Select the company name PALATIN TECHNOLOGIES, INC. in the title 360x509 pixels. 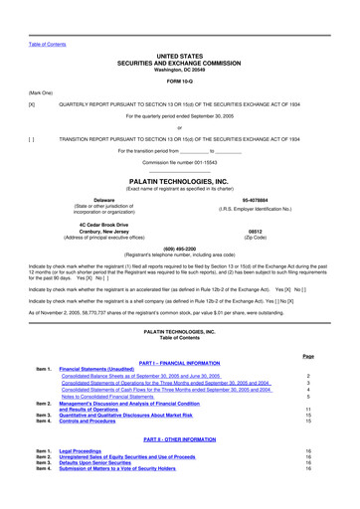tap(180, 181)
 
